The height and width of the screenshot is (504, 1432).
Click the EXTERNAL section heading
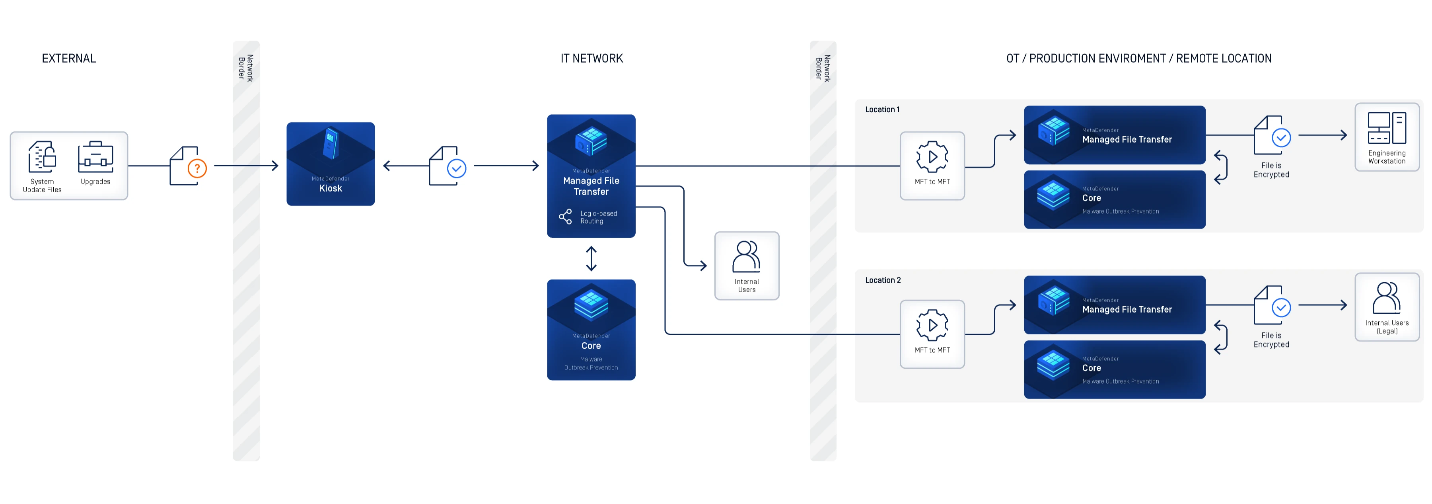(69, 59)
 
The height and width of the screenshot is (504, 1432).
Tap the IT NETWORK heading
(591, 59)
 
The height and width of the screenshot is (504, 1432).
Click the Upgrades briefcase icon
(95, 157)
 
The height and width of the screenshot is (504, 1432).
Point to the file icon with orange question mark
(187, 166)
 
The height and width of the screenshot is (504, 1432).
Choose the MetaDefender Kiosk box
(330, 164)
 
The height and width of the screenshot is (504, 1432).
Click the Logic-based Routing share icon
(565, 217)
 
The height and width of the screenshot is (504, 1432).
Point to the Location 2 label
(882, 280)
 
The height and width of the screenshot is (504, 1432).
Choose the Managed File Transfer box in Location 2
(1114, 305)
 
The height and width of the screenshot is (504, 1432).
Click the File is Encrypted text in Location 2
(1271, 340)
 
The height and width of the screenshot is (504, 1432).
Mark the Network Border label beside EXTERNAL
(246, 68)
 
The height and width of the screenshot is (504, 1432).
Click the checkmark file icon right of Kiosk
(447, 166)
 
